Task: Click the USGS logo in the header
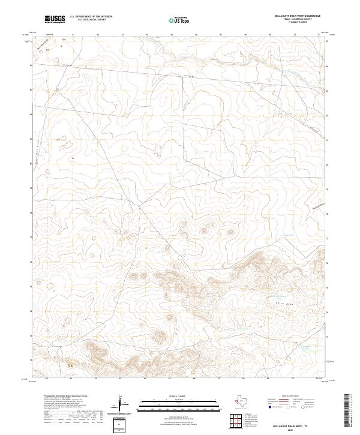[x=55, y=19]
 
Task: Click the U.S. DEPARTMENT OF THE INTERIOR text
[x=91, y=17]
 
